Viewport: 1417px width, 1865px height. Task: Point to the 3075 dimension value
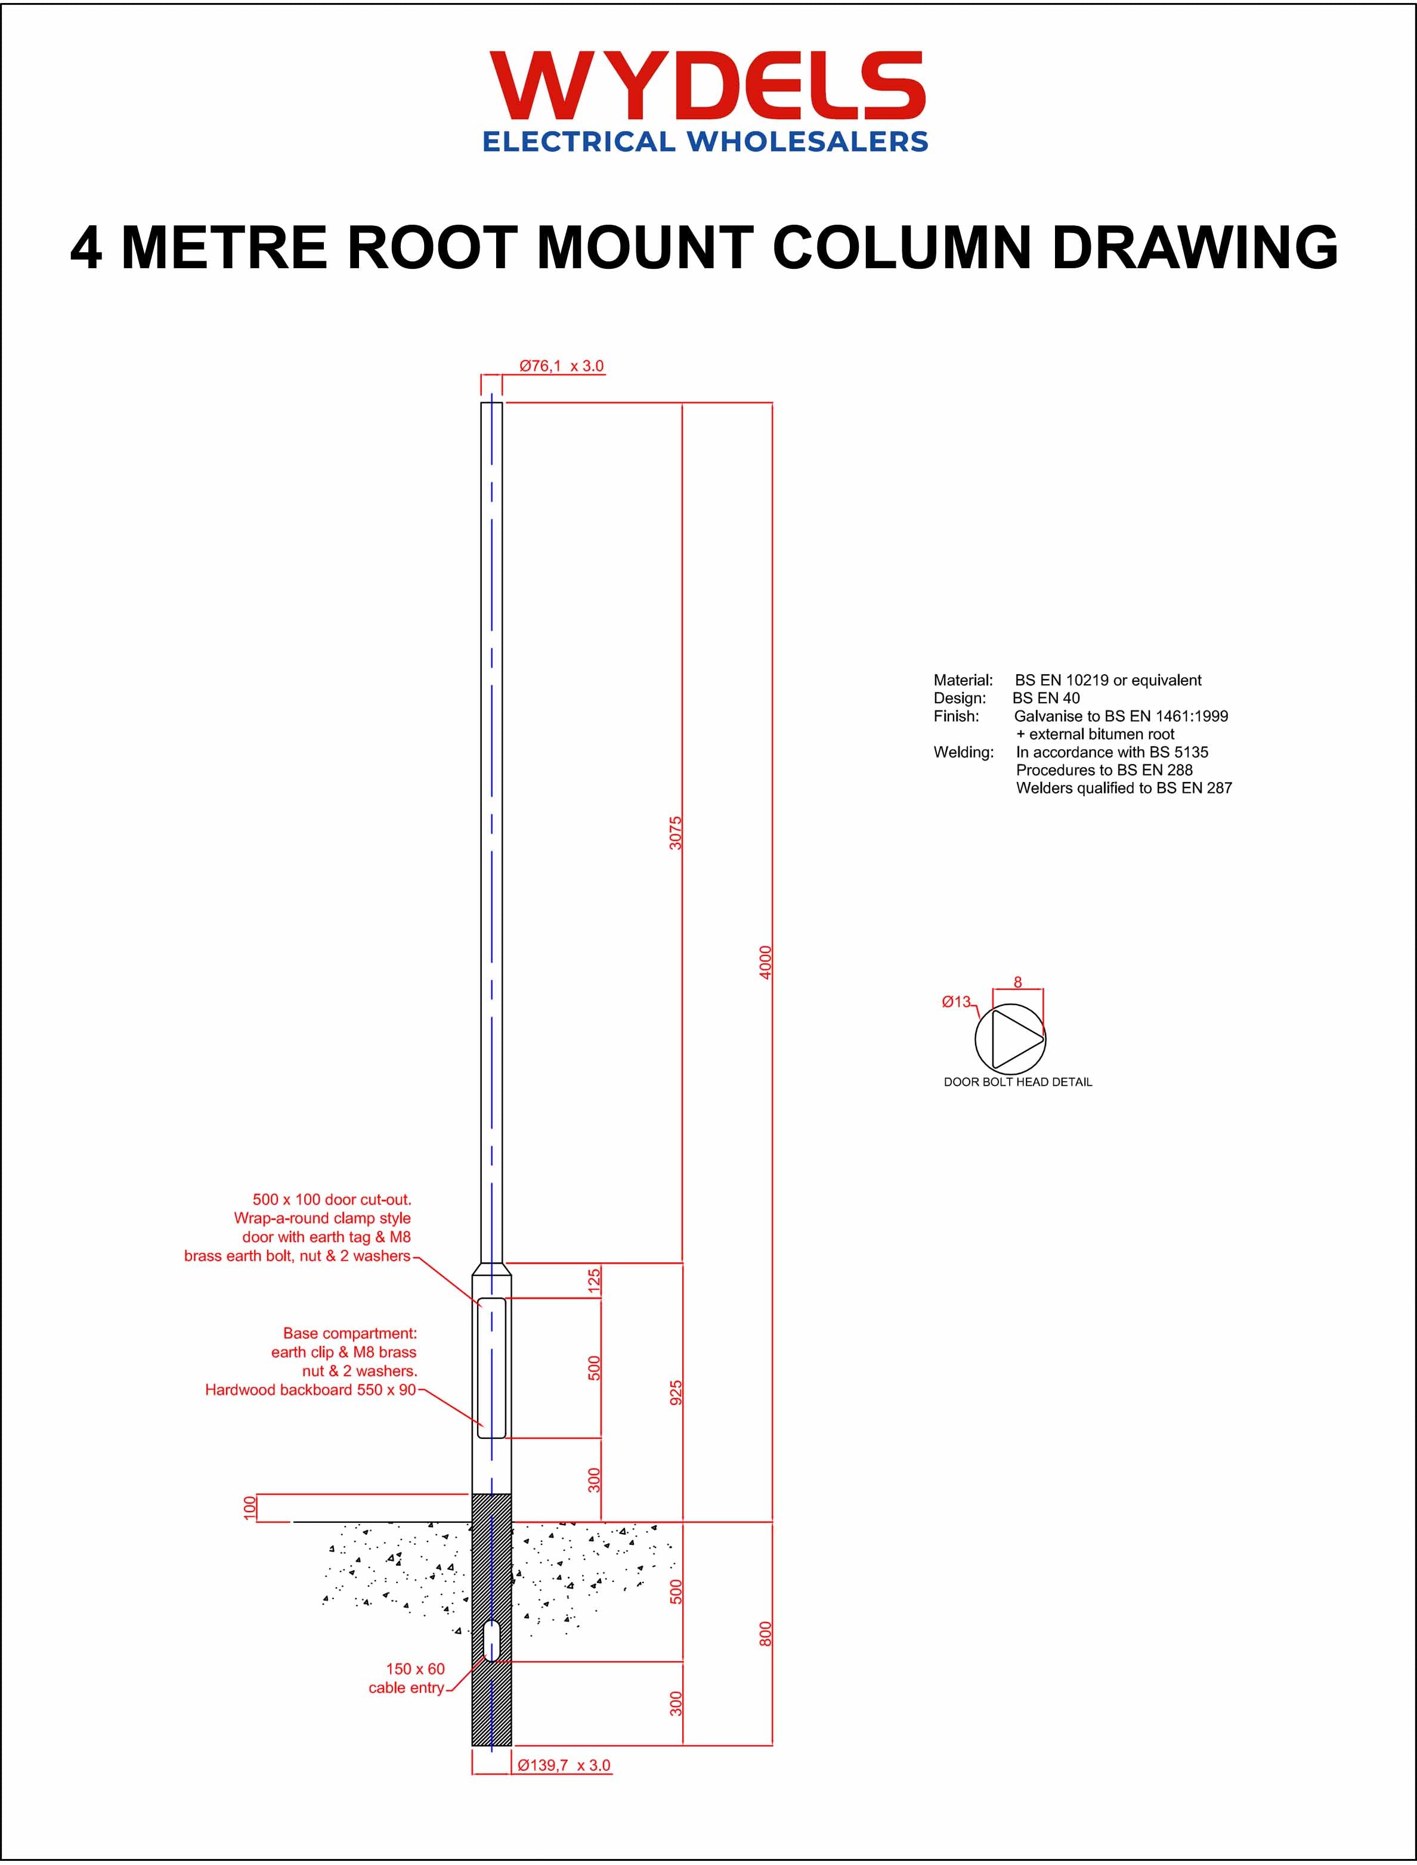675,833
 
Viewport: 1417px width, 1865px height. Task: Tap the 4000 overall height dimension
765,962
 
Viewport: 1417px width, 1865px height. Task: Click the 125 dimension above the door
594,1280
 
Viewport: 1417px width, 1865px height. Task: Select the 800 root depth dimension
765,1633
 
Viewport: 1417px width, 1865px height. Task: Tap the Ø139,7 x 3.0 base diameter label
564,1765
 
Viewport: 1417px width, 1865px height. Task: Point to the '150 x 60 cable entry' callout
409,1678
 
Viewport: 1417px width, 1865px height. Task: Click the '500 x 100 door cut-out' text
332,1199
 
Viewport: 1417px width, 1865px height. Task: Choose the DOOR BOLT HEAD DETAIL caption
1017,1082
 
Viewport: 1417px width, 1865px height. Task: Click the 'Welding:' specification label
963,752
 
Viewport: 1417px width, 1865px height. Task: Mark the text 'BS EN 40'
1046,698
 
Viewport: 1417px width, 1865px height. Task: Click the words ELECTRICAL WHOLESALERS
705,142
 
